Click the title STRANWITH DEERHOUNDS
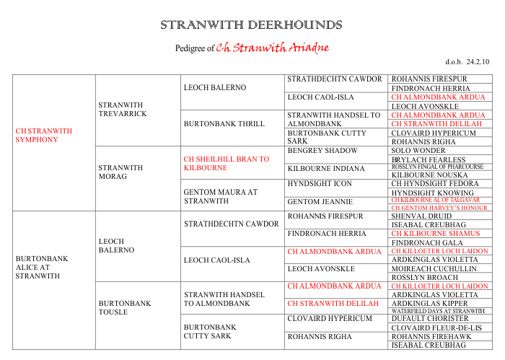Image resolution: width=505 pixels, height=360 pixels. [252, 25]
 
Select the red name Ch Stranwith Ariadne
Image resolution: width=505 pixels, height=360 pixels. [273, 48]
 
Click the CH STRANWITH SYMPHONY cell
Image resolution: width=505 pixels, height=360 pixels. [44, 135]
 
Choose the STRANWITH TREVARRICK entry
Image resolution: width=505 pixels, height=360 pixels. [123, 109]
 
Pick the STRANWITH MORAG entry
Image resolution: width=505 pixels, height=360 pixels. [120, 172]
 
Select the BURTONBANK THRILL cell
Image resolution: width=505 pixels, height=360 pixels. [214, 123]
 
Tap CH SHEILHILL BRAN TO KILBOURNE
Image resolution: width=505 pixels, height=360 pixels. [227, 163]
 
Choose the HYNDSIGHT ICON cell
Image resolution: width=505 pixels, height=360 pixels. [320, 184]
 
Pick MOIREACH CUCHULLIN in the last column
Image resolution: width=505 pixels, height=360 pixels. [434, 268]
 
